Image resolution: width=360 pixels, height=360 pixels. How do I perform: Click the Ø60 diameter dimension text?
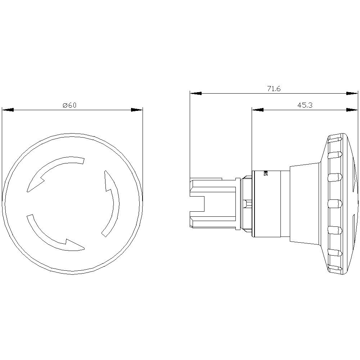click(x=69, y=105)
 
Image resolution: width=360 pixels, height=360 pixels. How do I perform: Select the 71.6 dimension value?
click(x=274, y=89)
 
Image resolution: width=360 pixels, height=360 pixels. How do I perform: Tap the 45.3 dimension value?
click(x=305, y=105)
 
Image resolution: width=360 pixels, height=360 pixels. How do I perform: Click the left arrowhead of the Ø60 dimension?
click(x=8, y=110)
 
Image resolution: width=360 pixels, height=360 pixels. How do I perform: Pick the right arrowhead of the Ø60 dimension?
click(x=137, y=110)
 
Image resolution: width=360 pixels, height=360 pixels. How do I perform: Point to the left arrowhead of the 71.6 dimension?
click(x=196, y=93)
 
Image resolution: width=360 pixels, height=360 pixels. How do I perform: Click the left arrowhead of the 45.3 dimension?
click(x=258, y=109)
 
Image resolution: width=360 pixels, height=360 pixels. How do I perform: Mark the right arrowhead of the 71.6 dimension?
click(x=352, y=93)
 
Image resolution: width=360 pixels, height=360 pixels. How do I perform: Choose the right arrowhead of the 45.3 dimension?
click(x=352, y=109)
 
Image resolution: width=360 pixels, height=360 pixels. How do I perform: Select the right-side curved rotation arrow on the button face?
click(x=112, y=203)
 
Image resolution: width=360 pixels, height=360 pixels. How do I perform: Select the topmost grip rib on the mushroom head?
click(x=335, y=138)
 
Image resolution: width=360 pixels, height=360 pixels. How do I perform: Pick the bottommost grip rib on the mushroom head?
click(x=335, y=267)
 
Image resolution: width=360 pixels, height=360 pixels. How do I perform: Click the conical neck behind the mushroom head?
click(x=304, y=203)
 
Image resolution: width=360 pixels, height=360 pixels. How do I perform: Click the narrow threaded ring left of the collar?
click(x=247, y=203)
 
